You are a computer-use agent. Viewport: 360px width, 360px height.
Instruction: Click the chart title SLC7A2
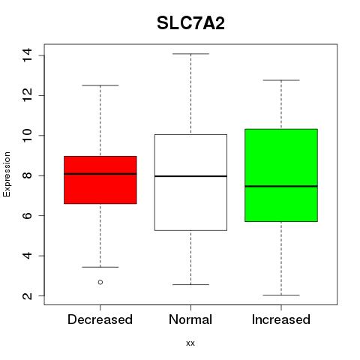[190, 23]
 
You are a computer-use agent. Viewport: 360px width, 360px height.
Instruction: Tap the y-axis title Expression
[7, 174]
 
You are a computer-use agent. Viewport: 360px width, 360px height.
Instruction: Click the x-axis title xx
[190, 343]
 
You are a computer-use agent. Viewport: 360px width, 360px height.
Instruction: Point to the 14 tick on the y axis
[27, 55]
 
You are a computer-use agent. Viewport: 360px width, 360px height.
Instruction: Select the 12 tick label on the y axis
[27, 95]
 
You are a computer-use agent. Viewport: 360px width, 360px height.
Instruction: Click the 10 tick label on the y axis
[27, 136]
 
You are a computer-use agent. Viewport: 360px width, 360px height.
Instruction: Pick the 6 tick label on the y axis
[27, 215]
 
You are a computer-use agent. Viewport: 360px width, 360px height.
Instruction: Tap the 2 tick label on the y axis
[27, 295]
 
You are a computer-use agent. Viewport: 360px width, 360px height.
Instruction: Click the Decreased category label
[100, 319]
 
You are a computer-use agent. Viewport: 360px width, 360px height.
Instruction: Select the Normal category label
[190, 319]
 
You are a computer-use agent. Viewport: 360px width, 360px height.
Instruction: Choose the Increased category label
[281, 319]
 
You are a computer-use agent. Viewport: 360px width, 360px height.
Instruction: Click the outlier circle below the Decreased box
[100, 282]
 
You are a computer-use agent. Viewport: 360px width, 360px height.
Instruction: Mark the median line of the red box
[100, 174]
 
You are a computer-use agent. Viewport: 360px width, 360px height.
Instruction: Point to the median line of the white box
[190, 176]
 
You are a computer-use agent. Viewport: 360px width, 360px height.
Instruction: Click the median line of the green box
[281, 186]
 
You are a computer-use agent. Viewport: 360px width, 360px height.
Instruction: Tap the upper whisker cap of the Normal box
[190, 54]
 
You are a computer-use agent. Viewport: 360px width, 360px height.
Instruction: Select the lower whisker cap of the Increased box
[281, 295]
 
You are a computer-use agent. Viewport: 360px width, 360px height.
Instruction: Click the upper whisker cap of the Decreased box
[100, 85]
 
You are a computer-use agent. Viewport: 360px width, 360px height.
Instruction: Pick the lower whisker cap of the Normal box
[190, 284]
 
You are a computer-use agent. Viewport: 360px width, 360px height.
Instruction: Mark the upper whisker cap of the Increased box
[281, 80]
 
